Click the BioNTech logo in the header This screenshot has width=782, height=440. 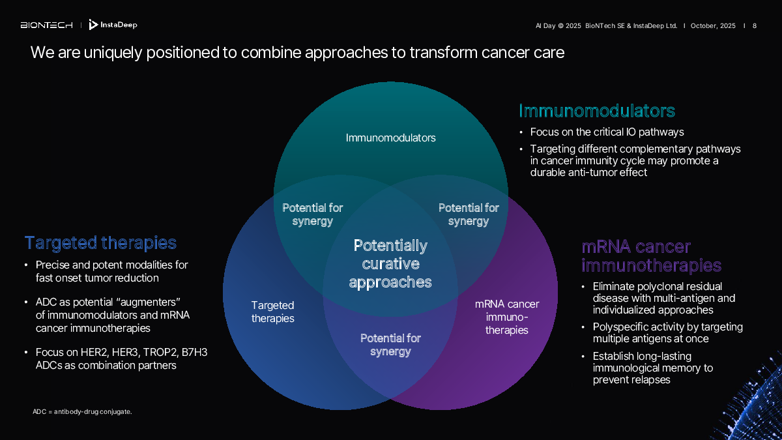[x=46, y=25]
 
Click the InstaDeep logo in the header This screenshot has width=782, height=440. [x=113, y=25]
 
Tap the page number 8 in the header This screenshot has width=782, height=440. [x=755, y=26]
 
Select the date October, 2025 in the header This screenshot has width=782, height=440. [x=713, y=26]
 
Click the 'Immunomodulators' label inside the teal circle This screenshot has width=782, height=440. [x=390, y=138]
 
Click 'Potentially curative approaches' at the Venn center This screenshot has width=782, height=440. [x=390, y=263]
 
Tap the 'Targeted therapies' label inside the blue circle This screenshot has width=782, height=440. [x=272, y=312]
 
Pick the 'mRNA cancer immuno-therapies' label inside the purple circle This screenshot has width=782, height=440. [x=506, y=317]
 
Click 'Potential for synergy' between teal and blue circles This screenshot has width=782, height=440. [x=312, y=214]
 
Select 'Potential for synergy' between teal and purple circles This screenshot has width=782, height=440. [x=469, y=214]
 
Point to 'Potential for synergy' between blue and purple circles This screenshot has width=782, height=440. [x=390, y=345]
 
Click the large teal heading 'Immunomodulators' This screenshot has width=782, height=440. [x=596, y=110]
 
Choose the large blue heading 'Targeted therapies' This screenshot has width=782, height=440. [x=100, y=243]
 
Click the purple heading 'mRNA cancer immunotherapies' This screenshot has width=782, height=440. [x=650, y=256]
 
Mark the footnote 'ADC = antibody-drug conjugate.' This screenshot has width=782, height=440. [x=82, y=411]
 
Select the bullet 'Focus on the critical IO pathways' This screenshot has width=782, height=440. [x=607, y=132]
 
